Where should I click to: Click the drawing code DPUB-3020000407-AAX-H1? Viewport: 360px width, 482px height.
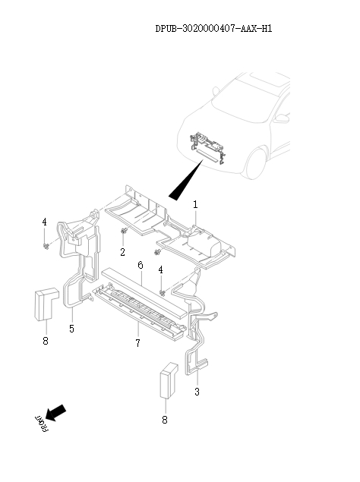click(213, 29)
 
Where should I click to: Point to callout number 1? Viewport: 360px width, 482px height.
click(195, 205)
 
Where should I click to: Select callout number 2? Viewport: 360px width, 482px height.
click(122, 251)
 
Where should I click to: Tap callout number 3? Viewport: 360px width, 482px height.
click(197, 392)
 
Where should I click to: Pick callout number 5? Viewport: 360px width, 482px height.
click(71, 329)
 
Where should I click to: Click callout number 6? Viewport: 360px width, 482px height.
click(141, 265)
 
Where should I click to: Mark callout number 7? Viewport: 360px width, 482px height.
click(137, 344)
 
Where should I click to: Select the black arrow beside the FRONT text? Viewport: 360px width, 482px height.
click(56, 412)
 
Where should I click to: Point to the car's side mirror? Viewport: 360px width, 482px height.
click(282, 118)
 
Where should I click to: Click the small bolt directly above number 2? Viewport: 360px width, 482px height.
click(123, 232)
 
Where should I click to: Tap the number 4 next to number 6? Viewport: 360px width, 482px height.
click(161, 269)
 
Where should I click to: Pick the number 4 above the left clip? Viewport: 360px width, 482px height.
click(44, 222)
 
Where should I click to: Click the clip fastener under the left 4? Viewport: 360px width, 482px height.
click(46, 246)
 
